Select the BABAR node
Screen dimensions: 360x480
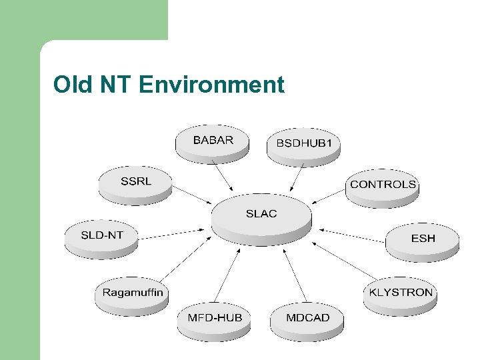tap(213, 142)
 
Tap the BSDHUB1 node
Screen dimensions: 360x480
tap(304, 145)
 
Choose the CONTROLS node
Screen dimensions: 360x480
tap(383, 186)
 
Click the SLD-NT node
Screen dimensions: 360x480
tap(101, 237)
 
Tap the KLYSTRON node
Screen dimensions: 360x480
tap(401, 294)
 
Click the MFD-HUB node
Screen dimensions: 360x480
tap(215, 319)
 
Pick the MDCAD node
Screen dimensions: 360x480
tap(307, 319)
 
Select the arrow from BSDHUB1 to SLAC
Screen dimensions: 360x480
tap(297, 177)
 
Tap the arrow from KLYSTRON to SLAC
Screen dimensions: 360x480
tap(344, 261)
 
